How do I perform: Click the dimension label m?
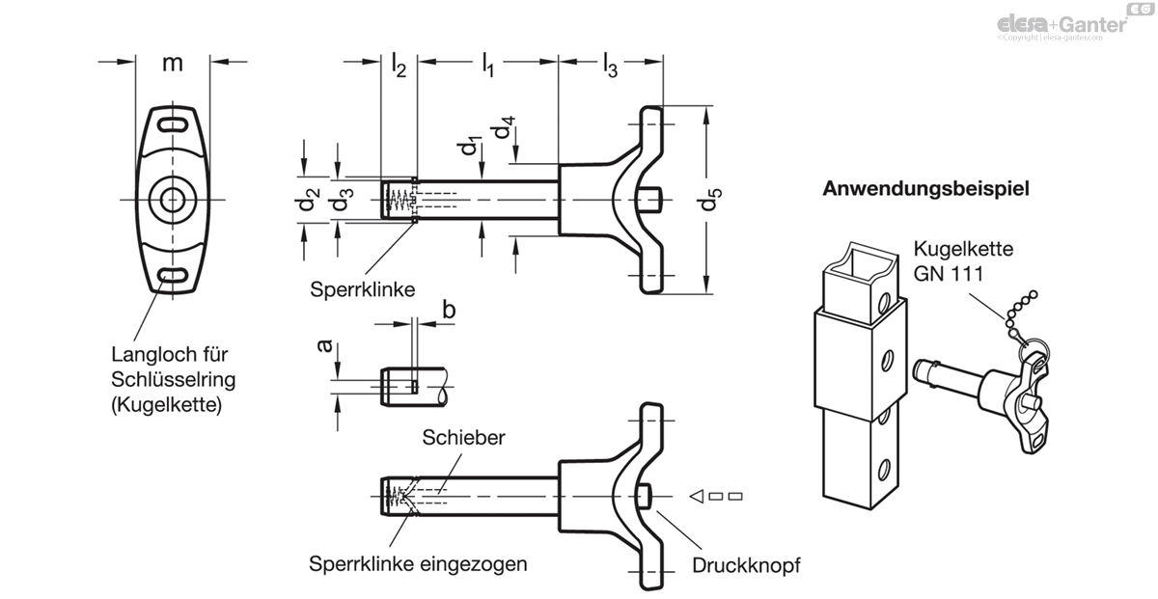click(x=173, y=64)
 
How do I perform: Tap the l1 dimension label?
click(x=488, y=65)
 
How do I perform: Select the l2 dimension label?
click(x=399, y=65)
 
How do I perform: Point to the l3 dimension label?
click(x=611, y=65)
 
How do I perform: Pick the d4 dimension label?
click(x=505, y=127)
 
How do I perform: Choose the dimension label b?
click(x=449, y=310)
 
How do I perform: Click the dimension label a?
click(x=324, y=346)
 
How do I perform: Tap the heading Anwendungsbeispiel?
click(x=925, y=189)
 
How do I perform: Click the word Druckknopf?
click(x=746, y=565)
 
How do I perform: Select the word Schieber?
click(x=464, y=437)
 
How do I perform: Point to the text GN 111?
click(x=948, y=274)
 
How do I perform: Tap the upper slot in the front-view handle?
click(x=173, y=124)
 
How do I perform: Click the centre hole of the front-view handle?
click(x=173, y=200)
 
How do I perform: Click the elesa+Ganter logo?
click(x=1062, y=24)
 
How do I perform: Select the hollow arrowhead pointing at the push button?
click(x=697, y=496)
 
